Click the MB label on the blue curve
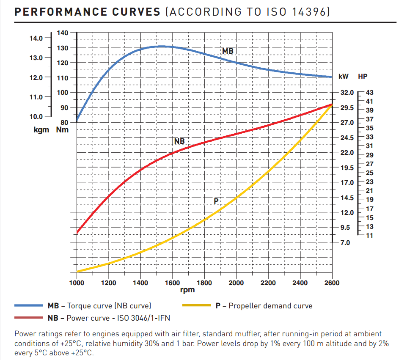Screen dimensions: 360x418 point(228,51)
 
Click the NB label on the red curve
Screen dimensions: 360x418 point(179,141)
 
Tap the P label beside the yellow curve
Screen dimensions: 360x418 point(216,201)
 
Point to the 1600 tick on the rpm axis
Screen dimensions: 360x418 point(173,283)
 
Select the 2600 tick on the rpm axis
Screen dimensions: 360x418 point(331,283)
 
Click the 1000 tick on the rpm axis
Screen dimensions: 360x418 point(77,283)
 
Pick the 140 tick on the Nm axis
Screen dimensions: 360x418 point(62,33)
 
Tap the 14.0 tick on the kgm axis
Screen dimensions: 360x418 point(36,38)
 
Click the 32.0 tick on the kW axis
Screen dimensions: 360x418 point(347,93)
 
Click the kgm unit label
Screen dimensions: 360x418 point(42,129)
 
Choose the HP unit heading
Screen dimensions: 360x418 point(363,77)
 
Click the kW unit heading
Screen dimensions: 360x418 point(344,77)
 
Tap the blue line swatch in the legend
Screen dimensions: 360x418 point(28,305)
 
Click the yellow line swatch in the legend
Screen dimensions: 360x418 point(196,305)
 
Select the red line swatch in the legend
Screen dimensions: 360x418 point(28,318)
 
